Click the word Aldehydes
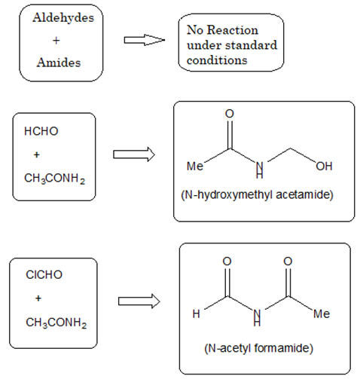point(63,17)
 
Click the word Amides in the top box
point(59,63)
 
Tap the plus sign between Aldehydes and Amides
point(56,40)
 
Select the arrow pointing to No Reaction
point(145,40)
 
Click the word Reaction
point(233,30)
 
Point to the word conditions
point(217,60)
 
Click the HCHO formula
point(41,131)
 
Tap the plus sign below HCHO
point(37,154)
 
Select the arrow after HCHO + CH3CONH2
point(134,154)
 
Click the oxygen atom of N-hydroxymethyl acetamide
point(230,114)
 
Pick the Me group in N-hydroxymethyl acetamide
point(195,166)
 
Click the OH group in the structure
point(324,166)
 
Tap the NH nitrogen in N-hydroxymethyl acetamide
point(260,166)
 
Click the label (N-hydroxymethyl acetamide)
point(257,194)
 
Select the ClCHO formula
point(44,274)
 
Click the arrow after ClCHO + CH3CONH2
point(139,301)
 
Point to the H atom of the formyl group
point(196,313)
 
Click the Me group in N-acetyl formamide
point(322,313)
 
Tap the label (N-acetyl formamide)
point(259,348)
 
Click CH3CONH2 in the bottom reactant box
point(56,322)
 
